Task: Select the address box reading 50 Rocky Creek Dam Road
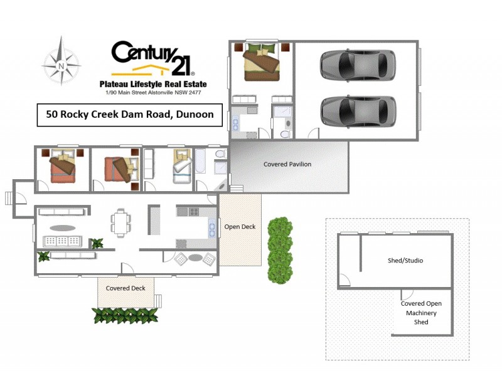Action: [130, 115]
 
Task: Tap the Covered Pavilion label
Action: [287, 164]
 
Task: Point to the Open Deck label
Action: [240, 227]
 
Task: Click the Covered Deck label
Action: [125, 288]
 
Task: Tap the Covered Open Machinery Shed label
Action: [421, 313]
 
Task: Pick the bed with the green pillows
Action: [260, 62]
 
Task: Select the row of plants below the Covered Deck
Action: [124, 315]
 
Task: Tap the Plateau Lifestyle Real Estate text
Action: [153, 84]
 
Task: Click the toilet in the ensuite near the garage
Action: [284, 133]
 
